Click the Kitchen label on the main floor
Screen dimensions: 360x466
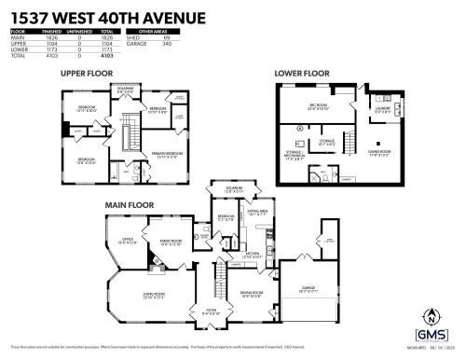tap(253, 253)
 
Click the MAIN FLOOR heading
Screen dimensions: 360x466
tap(129, 203)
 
